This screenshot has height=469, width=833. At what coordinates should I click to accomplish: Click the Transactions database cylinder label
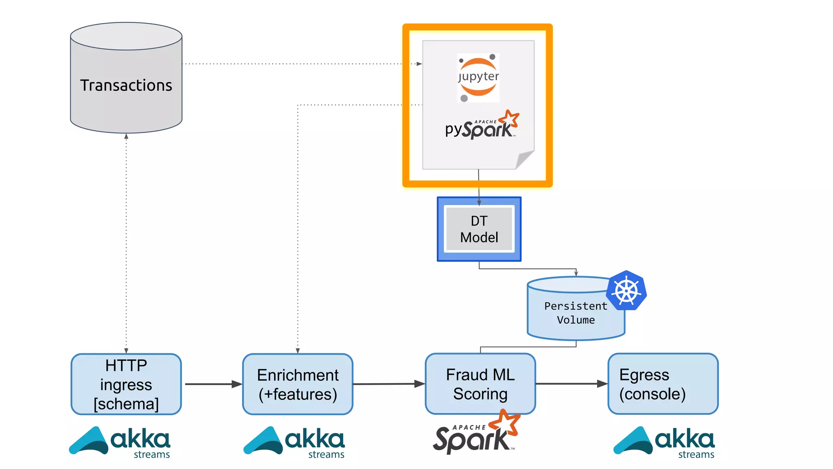(x=126, y=85)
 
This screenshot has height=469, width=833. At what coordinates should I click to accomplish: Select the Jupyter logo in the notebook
(x=478, y=77)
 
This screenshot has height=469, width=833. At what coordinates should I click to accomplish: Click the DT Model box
(x=479, y=229)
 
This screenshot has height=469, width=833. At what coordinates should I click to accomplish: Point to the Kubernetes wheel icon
(x=626, y=291)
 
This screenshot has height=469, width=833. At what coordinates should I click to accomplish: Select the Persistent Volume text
(x=576, y=313)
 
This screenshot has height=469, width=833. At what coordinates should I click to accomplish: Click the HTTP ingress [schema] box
(x=126, y=384)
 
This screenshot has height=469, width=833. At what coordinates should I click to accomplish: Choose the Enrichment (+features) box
(x=298, y=384)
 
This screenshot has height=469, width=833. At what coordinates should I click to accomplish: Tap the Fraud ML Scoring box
(x=480, y=384)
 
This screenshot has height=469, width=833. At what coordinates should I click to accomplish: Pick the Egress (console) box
(x=663, y=384)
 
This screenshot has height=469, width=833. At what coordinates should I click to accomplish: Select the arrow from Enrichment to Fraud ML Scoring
(x=388, y=384)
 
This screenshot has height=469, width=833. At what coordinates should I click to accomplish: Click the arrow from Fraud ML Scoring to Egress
(x=571, y=384)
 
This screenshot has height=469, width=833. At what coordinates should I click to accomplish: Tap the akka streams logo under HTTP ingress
(x=120, y=442)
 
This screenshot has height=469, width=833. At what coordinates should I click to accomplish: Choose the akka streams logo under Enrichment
(x=294, y=442)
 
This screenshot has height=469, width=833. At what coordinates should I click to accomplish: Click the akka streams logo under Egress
(x=664, y=442)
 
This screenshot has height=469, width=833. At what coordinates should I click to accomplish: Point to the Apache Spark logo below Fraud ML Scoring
(x=476, y=434)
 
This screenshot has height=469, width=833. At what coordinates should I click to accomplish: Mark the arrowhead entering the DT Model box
(x=479, y=202)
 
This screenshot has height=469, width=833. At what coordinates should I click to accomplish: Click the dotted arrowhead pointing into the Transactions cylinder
(x=126, y=136)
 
